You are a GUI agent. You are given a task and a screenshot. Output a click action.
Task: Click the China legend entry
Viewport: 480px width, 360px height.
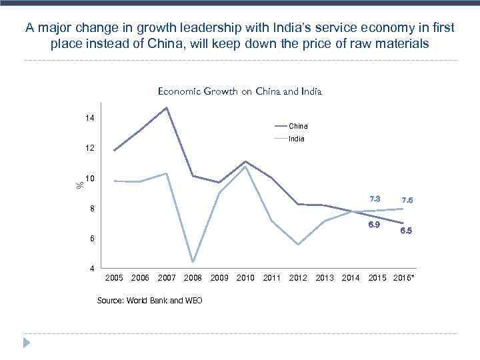click(298, 126)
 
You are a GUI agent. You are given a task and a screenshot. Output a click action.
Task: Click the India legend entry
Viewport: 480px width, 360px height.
click(297, 139)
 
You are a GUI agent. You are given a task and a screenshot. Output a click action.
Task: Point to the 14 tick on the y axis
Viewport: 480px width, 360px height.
click(89, 118)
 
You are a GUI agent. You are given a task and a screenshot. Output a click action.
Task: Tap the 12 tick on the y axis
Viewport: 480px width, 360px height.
click(89, 148)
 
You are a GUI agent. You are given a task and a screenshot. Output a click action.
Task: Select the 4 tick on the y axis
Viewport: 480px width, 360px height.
click(91, 269)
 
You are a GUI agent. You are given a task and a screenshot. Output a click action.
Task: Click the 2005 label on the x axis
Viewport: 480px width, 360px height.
click(115, 277)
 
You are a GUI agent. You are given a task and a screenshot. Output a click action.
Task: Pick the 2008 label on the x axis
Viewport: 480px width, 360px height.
click(193, 277)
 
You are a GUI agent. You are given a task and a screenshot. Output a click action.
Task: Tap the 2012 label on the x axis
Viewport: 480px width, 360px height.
click(298, 277)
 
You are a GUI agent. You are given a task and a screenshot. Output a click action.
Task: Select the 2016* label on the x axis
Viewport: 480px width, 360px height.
click(404, 277)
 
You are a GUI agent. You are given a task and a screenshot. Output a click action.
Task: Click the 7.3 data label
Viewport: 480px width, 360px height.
click(375, 199)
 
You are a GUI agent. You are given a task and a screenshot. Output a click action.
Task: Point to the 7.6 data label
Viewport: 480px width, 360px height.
click(407, 200)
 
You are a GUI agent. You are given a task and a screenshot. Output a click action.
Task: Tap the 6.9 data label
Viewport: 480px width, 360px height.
click(375, 225)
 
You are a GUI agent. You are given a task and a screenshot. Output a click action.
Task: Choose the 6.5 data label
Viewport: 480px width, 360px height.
click(406, 231)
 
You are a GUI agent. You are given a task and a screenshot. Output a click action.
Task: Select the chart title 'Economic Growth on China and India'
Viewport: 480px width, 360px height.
click(239, 92)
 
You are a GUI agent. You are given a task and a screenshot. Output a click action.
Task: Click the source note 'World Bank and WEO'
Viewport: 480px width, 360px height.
click(150, 301)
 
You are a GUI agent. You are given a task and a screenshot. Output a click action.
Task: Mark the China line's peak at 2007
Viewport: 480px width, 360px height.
click(167, 107)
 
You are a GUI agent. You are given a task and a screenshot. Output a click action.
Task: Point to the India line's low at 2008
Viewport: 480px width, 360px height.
click(193, 262)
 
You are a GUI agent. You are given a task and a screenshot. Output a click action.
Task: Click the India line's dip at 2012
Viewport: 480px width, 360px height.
click(298, 245)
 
